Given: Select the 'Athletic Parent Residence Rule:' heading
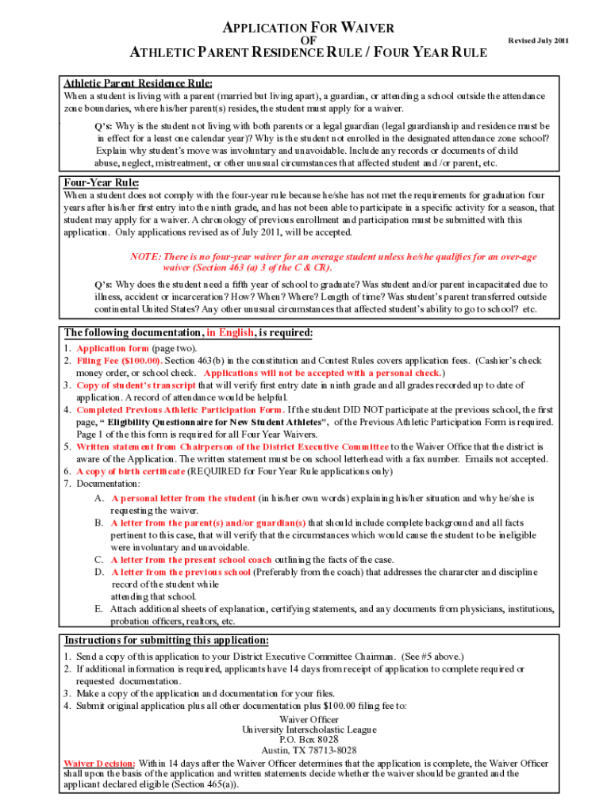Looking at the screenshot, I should click(137, 83).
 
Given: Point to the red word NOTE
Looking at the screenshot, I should click(145, 256).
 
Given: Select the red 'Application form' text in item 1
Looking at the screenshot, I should click(112, 348).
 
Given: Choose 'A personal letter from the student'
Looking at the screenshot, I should click(183, 499).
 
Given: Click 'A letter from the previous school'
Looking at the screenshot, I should click(180, 572).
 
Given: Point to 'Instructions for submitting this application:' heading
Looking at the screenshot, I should click(166, 640).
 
